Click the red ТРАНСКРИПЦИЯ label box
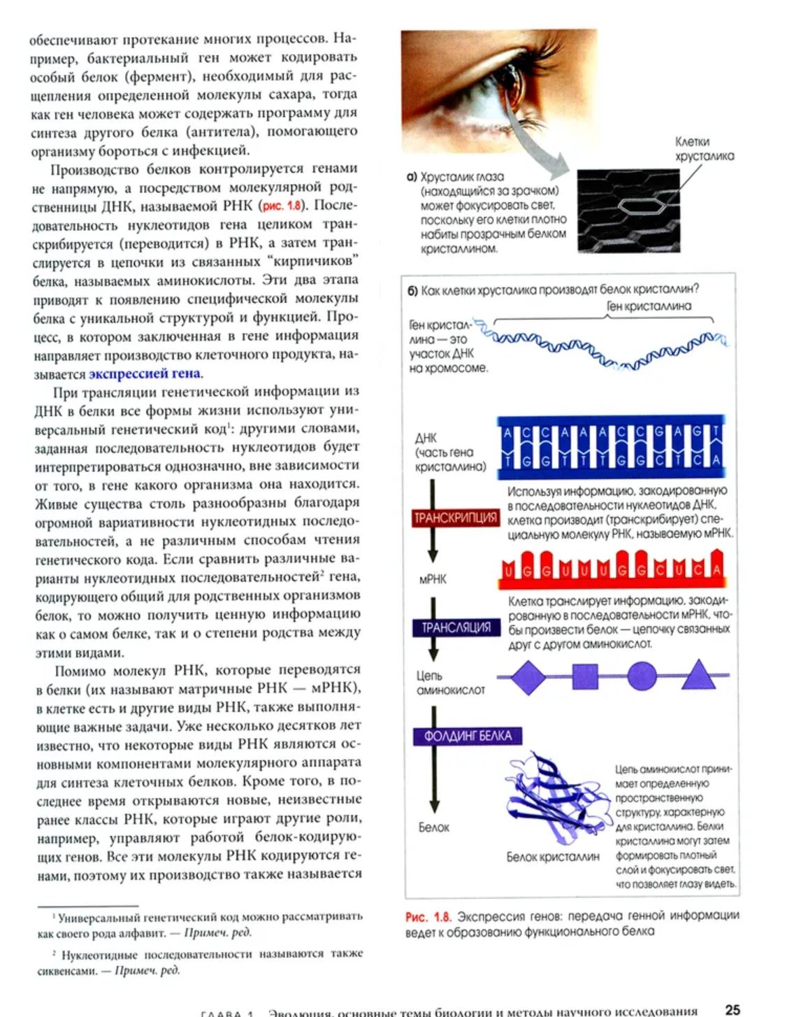click(x=455, y=518)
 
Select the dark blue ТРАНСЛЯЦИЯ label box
click(x=456, y=627)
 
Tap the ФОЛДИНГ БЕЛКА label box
click(x=468, y=736)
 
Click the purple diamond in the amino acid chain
click(x=528, y=676)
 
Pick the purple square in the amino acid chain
click(x=585, y=676)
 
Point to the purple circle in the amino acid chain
click(x=642, y=676)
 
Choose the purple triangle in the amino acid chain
click(x=697, y=675)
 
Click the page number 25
click(x=732, y=1009)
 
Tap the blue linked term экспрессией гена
click(x=144, y=374)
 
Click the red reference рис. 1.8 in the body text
click(x=282, y=206)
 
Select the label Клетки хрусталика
click(x=704, y=149)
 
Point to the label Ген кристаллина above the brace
click(x=649, y=306)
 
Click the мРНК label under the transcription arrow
click(x=433, y=579)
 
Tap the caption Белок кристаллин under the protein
click(x=553, y=857)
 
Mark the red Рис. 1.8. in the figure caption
click(x=428, y=916)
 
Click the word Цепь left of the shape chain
click(x=430, y=676)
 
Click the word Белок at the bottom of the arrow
click(x=434, y=827)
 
